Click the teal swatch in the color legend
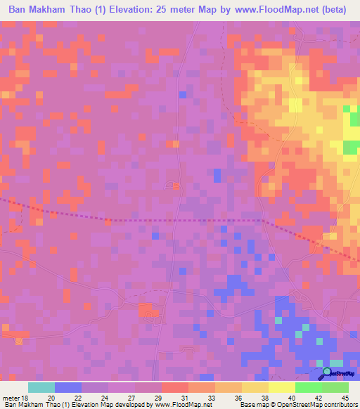pyautogui.click(x=41, y=387)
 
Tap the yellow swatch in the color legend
pyautogui.click(x=281, y=387)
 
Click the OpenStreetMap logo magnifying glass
pyautogui.click(x=328, y=372)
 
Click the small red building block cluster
pyautogui.click(x=148, y=309)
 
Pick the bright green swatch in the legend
pyautogui.click(x=308, y=387)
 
